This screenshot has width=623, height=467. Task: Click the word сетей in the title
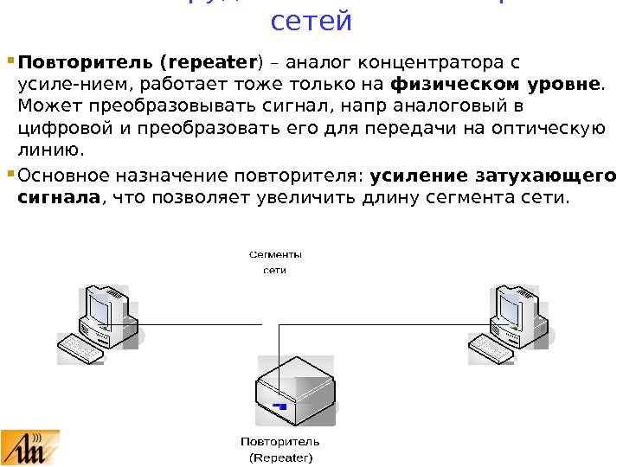click(311, 21)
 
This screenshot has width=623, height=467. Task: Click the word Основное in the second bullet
click(64, 175)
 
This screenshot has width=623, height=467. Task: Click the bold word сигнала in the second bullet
click(59, 197)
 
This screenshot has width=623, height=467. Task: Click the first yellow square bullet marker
click(10, 62)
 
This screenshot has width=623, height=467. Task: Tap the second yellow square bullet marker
click(10, 175)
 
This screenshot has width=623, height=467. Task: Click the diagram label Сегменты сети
click(275, 262)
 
